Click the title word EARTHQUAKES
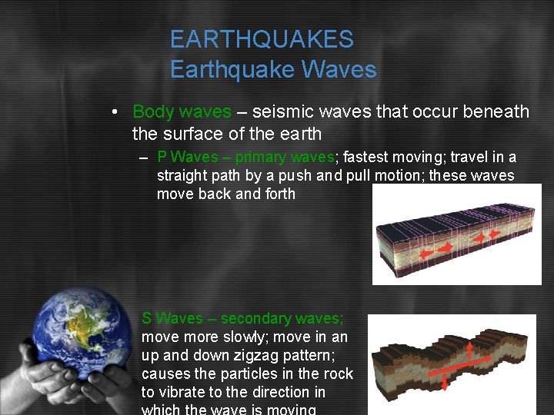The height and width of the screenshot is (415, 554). pyautogui.click(x=262, y=39)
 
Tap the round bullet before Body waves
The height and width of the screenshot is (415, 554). pyautogui.click(x=113, y=112)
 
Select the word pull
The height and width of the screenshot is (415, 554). pyautogui.click(x=360, y=176)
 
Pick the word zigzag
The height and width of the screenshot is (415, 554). pyautogui.click(x=243, y=355)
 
